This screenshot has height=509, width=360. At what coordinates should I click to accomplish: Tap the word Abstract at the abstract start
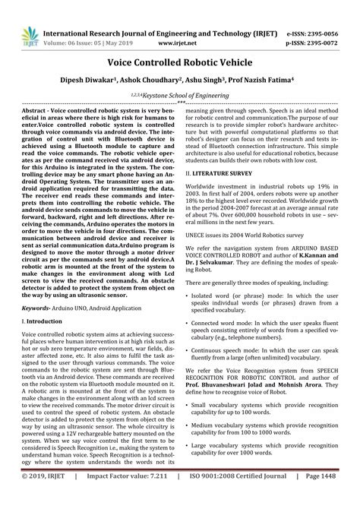[36, 110]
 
